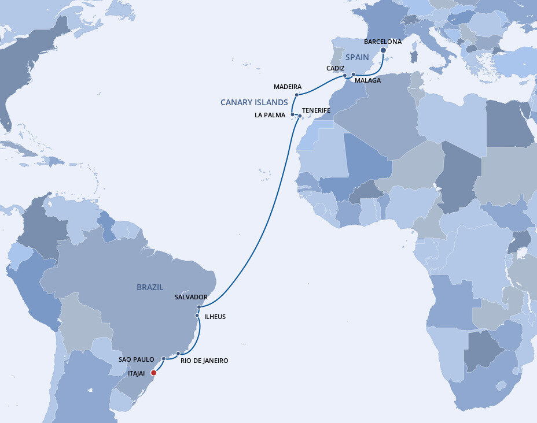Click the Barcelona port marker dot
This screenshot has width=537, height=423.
pyautogui.click(x=383, y=50)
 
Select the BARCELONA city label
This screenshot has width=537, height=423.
pyautogui.click(x=382, y=42)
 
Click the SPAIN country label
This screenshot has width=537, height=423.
pyautogui.click(x=358, y=57)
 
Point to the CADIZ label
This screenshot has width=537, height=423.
pyautogui.click(x=336, y=68)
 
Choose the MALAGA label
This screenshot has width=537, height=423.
pyautogui.click(x=368, y=80)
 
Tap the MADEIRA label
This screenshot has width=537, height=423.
pyautogui.click(x=288, y=87)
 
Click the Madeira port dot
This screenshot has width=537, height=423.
pyautogui.click(x=297, y=95)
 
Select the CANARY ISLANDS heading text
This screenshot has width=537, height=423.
pyautogui.click(x=254, y=102)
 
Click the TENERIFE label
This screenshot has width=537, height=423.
pyautogui.click(x=316, y=110)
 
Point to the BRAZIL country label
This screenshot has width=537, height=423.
pyautogui.click(x=150, y=287)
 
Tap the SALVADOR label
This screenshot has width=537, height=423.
pyautogui.click(x=191, y=297)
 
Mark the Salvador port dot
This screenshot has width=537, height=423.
pyautogui.click(x=198, y=307)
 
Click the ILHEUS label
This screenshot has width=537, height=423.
pyautogui.click(x=215, y=317)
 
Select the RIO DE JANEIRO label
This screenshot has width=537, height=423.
pyautogui.click(x=204, y=361)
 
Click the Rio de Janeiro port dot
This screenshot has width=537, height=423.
pyautogui.click(x=179, y=353)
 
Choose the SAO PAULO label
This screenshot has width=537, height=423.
pyautogui.click(x=137, y=359)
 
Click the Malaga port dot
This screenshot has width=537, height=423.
pyautogui.click(x=353, y=75)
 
